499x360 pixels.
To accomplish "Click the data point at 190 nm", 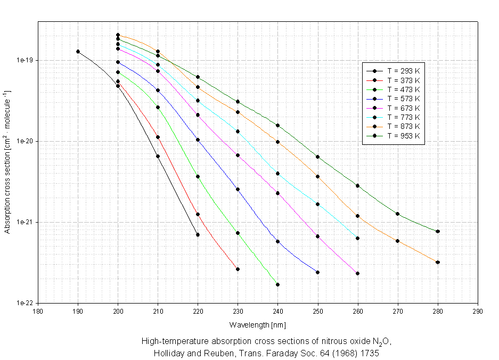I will coord(78,52).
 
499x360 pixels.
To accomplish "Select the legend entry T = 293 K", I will coord(404,70).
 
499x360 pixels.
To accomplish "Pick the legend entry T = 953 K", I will coord(404,136).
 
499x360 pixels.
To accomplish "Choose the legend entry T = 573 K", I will coord(404,99).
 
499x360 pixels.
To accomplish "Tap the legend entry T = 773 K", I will coord(404,117).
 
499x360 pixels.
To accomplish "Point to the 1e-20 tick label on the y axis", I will coord(23,141).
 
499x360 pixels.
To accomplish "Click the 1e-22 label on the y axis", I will coord(23,303).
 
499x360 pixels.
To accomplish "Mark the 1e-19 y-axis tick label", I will coord(23,60).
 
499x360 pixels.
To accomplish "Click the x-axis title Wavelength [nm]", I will coord(258,324).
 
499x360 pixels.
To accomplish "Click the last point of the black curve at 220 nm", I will coord(198,234).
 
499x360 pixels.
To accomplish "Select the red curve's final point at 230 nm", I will coord(238,269).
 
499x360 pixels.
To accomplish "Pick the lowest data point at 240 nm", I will coord(278,284).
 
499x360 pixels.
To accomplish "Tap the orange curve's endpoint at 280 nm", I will coord(438,262).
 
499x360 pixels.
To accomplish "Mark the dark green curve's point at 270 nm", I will coord(398,214).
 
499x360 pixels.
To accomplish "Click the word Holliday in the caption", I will coord(168,353).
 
